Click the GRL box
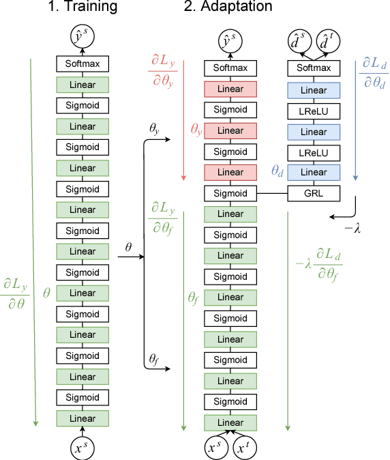click(314, 193)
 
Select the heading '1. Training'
click(80, 8)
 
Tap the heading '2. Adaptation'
click(228, 8)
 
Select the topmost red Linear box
click(230, 89)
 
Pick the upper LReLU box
click(314, 110)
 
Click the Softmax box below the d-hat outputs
click(314, 68)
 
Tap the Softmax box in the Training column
click(82, 64)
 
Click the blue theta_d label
click(277, 173)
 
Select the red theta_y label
click(196, 128)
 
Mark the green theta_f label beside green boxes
click(194, 298)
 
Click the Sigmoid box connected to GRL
click(230, 193)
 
